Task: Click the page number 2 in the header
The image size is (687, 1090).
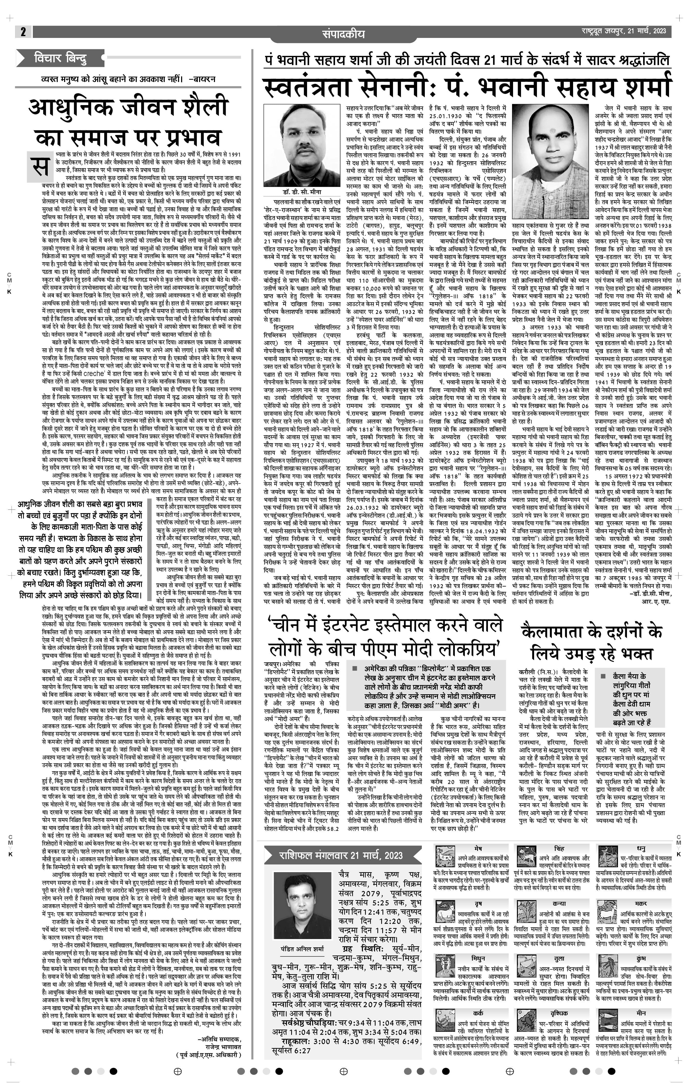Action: pyautogui.click(x=23, y=32)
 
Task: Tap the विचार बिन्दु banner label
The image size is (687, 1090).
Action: pyautogui.click(x=60, y=58)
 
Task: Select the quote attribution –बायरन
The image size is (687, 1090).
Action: pyautogui.click(x=202, y=79)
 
